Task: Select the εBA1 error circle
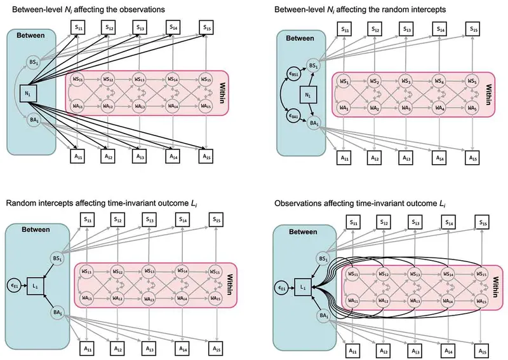click(293, 116)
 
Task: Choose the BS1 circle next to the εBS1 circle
click(312, 66)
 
